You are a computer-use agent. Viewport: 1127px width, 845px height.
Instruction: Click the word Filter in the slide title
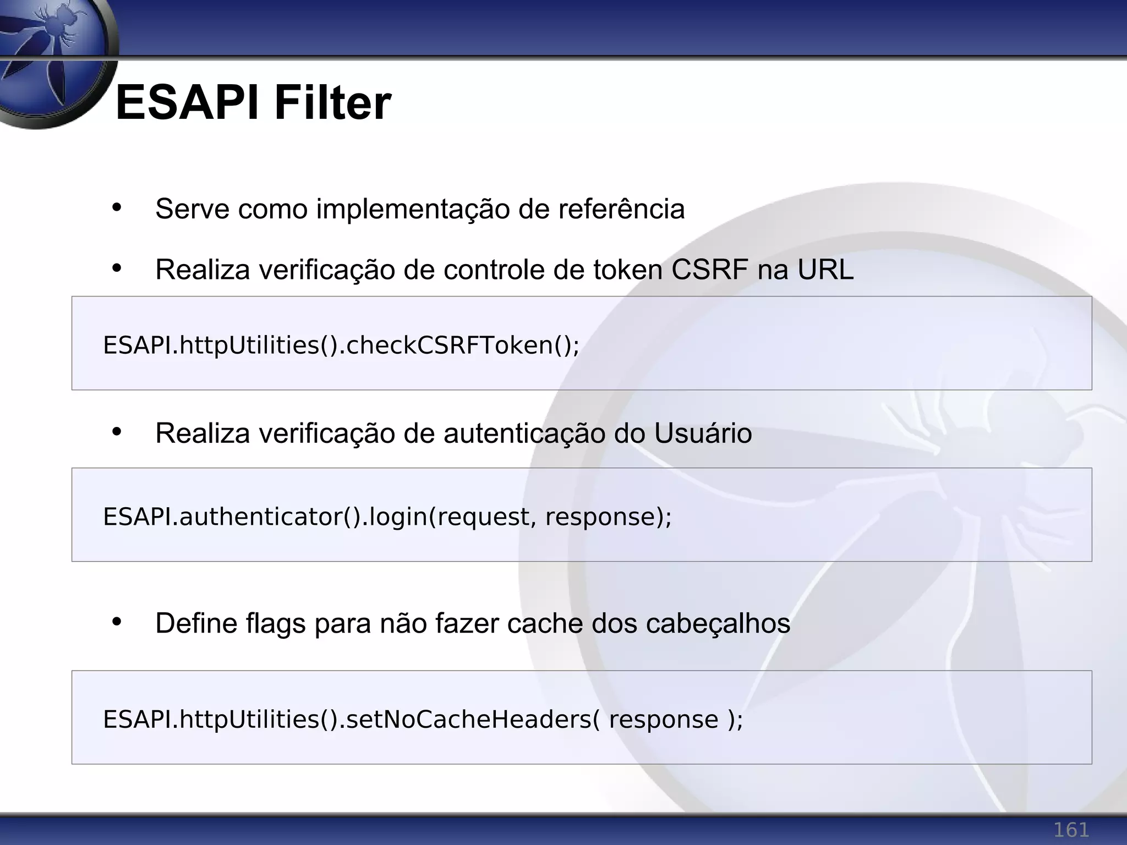(x=332, y=103)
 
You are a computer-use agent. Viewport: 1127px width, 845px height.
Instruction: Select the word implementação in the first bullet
(x=413, y=209)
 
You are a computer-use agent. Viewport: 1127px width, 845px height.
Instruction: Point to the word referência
(x=621, y=209)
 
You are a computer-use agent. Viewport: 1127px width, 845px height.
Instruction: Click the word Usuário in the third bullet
(x=703, y=434)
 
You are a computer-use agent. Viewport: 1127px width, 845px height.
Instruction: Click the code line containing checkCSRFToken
(x=341, y=345)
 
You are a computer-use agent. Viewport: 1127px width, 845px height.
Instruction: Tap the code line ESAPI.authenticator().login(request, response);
(x=387, y=517)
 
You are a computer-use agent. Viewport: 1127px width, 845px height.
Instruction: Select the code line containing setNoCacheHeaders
(x=423, y=720)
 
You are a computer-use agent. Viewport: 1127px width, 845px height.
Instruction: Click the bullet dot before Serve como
(x=116, y=208)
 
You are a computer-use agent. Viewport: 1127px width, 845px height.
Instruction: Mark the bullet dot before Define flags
(x=116, y=622)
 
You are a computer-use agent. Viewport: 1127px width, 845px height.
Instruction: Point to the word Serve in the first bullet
(x=192, y=209)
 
